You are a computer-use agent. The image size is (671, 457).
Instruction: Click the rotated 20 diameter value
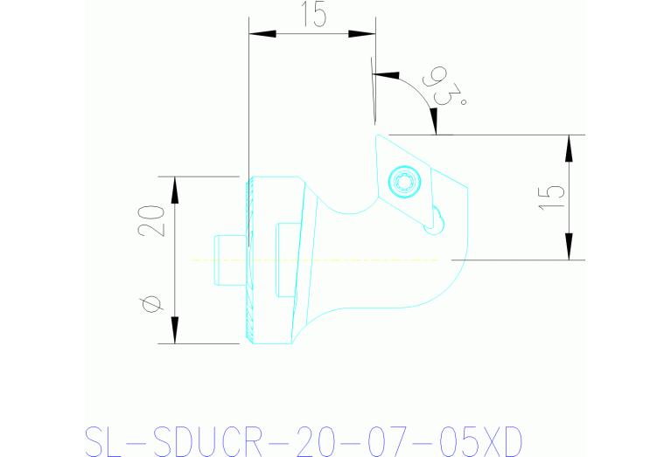150,222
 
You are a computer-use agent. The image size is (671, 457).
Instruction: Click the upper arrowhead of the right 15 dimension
569,149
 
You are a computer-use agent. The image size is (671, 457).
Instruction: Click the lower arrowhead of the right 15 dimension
569,246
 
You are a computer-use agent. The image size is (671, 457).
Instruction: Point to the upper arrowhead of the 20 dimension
175,190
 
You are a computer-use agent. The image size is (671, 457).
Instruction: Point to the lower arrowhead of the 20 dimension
175,329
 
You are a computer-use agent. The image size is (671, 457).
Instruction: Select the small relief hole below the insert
431,229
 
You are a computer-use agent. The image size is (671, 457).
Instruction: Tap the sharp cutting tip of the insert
378,135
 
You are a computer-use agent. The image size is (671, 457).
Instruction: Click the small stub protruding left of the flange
227,260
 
